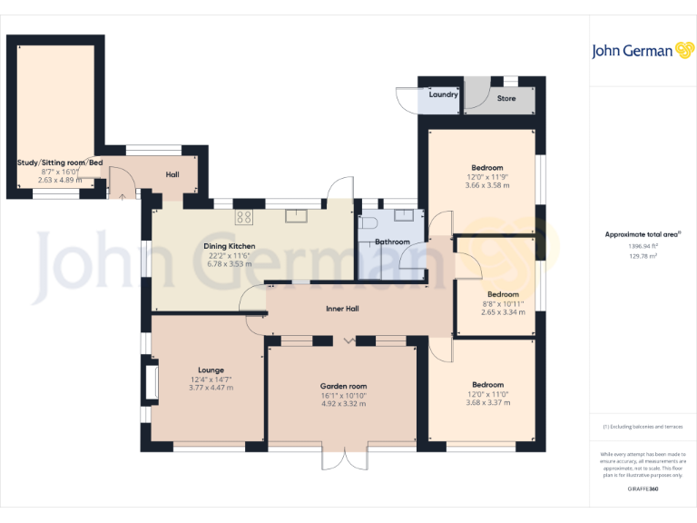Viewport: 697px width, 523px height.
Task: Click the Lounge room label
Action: pos(211,370)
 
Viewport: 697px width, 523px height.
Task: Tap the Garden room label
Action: pos(343,386)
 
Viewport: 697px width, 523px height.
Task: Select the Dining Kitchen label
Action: pos(230,246)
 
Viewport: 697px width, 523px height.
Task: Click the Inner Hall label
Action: pos(342,309)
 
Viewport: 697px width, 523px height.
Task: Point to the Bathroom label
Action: pos(392,242)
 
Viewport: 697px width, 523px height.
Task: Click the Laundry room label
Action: pos(443,94)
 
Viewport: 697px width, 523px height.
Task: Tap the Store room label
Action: pos(506,98)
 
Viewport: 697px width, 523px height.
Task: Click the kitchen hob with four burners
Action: pos(243,216)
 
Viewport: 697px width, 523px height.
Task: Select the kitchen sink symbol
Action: pos(297,216)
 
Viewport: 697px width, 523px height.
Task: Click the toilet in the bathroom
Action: pos(368,222)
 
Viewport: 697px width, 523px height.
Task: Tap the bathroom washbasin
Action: pos(405,216)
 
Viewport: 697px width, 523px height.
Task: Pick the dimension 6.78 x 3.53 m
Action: pos(230,264)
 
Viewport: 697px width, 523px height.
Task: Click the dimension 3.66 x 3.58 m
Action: pos(486,185)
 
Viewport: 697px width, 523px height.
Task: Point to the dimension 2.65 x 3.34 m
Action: pos(502,312)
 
